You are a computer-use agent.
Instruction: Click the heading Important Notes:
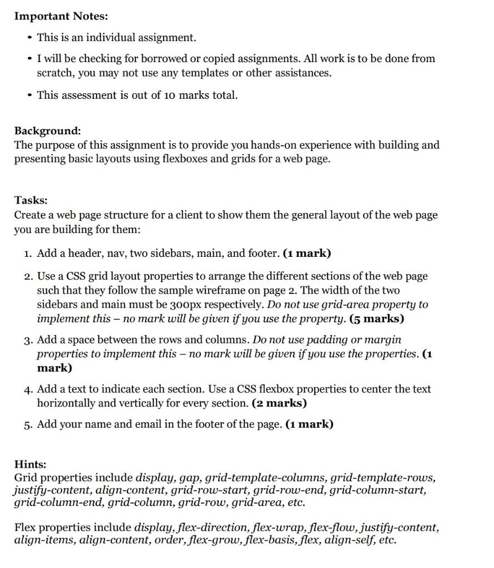click(x=61, y=16)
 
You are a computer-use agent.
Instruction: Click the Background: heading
click(x=48, y=131)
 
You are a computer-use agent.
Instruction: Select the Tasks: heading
click(x=31, y=200)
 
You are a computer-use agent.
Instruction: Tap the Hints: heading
click(x=30, y=464)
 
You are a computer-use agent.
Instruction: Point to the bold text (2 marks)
click(x=279, y=404)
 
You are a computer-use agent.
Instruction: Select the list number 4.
click(x=28, y=389)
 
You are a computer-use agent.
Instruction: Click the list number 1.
click(x=28, y=253)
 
